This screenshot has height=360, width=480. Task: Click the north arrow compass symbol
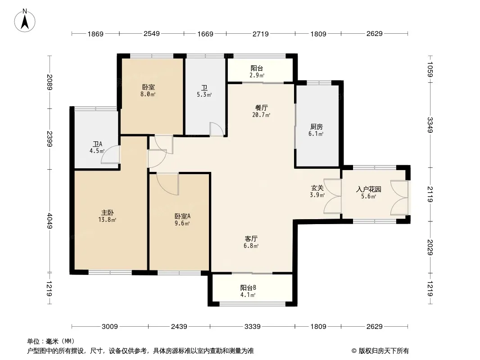click(25, 21)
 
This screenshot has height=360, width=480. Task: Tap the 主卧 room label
click(108, 212)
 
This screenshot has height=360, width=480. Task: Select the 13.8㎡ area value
click(107, 220)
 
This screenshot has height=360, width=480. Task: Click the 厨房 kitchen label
click(316, 126)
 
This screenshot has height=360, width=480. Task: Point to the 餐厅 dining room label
click(261, 108)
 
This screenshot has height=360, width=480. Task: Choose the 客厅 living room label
click(251, 238)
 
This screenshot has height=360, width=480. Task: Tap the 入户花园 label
click(369, 189)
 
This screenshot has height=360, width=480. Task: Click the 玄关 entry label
click(317, 188)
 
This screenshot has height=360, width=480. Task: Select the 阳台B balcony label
click(248, 288)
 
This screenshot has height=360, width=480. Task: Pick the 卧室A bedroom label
click(182, 216)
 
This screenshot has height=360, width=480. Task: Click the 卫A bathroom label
click(97, 144)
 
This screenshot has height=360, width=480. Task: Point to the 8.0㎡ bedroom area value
click(148, 94)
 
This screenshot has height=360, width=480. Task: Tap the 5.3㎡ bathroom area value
click(204, 95)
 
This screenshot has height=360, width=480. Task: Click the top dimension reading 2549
click(152, 34)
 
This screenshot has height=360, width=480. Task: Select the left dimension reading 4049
click(50, 221)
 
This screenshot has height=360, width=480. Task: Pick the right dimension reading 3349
click(430, 125)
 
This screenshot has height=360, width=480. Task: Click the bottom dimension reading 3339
click(253, 327)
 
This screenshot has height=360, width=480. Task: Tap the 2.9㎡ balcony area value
click(257, 75)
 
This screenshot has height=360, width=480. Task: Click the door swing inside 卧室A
click(168, 184)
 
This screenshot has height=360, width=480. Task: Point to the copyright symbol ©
click(354, 351)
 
